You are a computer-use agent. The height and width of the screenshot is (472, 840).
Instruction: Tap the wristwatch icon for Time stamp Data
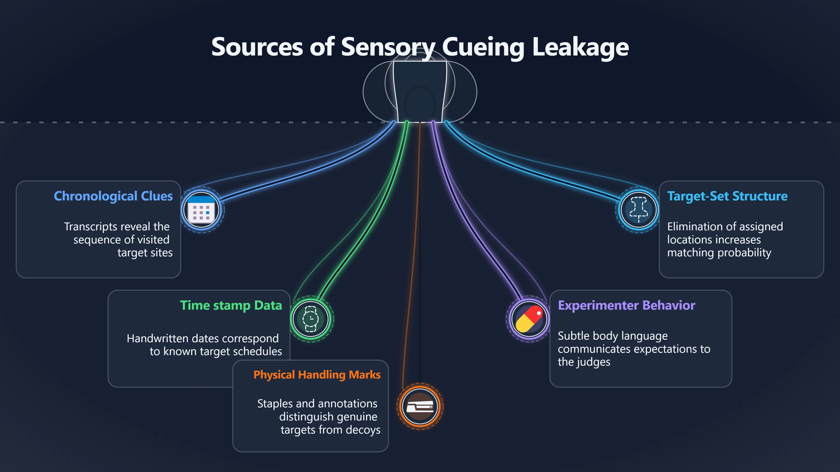point(310,319)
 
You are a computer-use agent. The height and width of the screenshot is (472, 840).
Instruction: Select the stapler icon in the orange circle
point(420,406)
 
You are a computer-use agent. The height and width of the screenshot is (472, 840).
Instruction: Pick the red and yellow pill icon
point(529,319)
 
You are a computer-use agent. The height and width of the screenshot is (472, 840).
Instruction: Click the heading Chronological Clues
point(113,196)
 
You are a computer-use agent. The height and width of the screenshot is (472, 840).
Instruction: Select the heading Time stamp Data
point(231,305)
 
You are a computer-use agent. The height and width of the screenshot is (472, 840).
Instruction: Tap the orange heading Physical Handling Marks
point(317,375)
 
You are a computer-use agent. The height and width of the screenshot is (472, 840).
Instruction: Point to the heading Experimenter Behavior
point(626,305)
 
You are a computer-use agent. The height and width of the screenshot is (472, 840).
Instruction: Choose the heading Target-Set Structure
point(727,196)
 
